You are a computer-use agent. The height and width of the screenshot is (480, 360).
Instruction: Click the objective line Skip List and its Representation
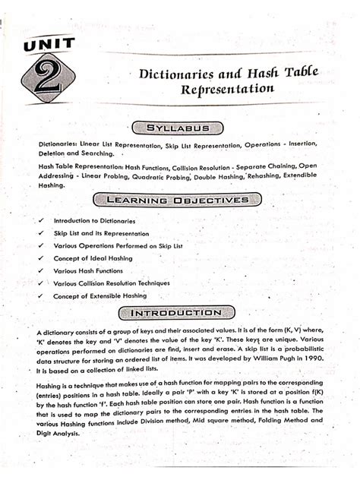pos(102,232)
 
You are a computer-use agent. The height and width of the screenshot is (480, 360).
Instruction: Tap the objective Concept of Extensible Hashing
pos(100,295)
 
